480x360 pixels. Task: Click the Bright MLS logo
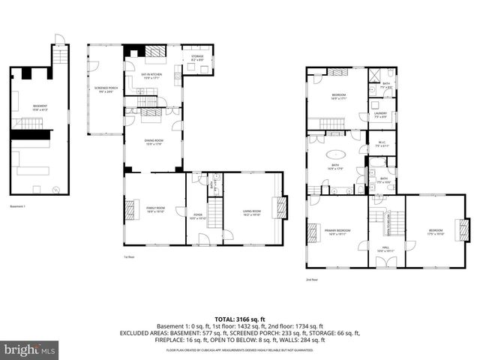[x=30, y=349]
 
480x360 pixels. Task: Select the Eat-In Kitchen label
[x=154, y=75]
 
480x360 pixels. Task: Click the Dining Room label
[x=154, y=141]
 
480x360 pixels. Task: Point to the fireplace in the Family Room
[x=130, y=208]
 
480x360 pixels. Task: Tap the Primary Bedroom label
[x=337, y=231]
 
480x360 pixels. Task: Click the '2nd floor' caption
[x=311, y=279]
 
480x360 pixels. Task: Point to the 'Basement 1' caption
[x=17, y=206]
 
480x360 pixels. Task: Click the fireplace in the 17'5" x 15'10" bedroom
[x=465, y=228]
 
